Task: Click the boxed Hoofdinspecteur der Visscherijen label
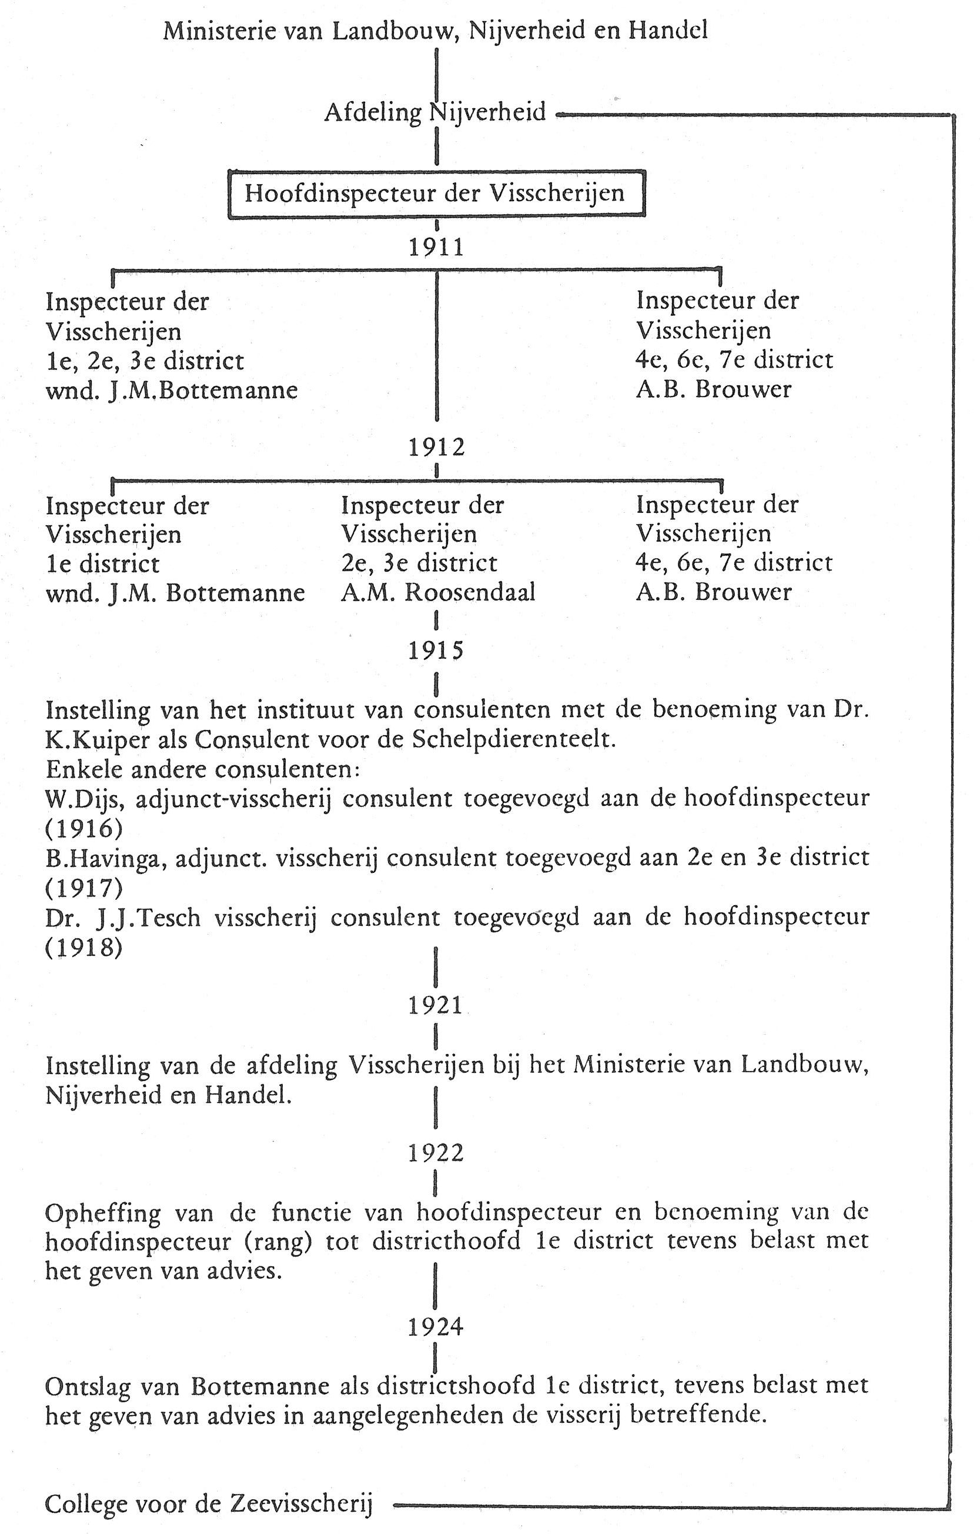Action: [436, 194]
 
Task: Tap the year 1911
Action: [436, 247]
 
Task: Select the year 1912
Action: [436, 447]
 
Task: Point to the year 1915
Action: [436, 650]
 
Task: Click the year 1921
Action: [436, 1005]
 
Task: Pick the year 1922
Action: [436, 1153]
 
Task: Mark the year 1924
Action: [436, 1327]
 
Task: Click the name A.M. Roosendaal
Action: [438, 592]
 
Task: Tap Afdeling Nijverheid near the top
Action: [436, 113]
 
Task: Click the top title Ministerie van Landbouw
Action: [436, 31]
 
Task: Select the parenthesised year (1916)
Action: [83, 828]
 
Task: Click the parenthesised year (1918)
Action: [83, 948]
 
